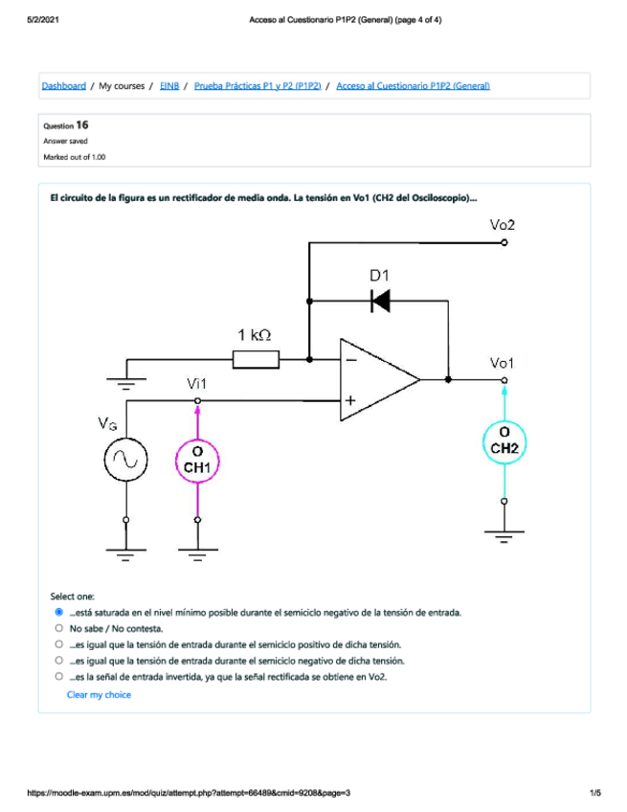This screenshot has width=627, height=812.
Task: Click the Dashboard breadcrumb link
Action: pyautogui.click(x=64, y=86)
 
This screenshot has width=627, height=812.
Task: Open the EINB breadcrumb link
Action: pyautogui.click(x=169, y=86)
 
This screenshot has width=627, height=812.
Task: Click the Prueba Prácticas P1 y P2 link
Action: pyautogui.click(x=258, y=86)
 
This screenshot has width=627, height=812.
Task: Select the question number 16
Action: pyautogui.click(x=82, y=124)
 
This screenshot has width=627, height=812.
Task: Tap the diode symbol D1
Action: pyautogui.click(x=381, y=301)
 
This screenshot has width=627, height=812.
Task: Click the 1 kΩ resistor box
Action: pyautogui.click(x=256, y=359)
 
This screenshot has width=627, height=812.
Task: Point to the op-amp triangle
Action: pyautogui.click(x=379, y=379)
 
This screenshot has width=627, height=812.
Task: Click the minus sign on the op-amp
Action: pyautogui.click(x=351, y=360)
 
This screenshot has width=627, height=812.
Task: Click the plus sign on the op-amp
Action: pyautogui.click(x=350, y=400)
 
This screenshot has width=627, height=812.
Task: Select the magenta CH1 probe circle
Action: pyautogui.click(x=197, y=461)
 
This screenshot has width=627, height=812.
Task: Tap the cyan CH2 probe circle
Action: pyautogui.click(x=504, y=441)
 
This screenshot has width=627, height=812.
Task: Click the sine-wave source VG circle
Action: pyautogui.click(x=125, y=460)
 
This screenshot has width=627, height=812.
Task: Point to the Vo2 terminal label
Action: pyautogui.click(x=503, y=225)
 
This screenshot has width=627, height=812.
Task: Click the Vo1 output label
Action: pyautogui.click(x=502, y=363)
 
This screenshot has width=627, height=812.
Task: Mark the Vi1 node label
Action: pyautogui.click(x=197, y=384)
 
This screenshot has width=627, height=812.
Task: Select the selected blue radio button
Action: pyautogui.click(x=59, y=612)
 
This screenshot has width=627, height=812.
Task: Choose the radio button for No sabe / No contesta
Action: pyautogui.click(x=59, y=628)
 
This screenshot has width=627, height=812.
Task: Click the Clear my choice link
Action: pyautogui.click(x=99, y=695)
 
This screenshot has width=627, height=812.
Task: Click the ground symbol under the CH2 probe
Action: pyautogui.click(x=504, y=536)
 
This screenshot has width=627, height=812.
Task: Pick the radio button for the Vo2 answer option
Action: pyautogui.click(x=59, y=676)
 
